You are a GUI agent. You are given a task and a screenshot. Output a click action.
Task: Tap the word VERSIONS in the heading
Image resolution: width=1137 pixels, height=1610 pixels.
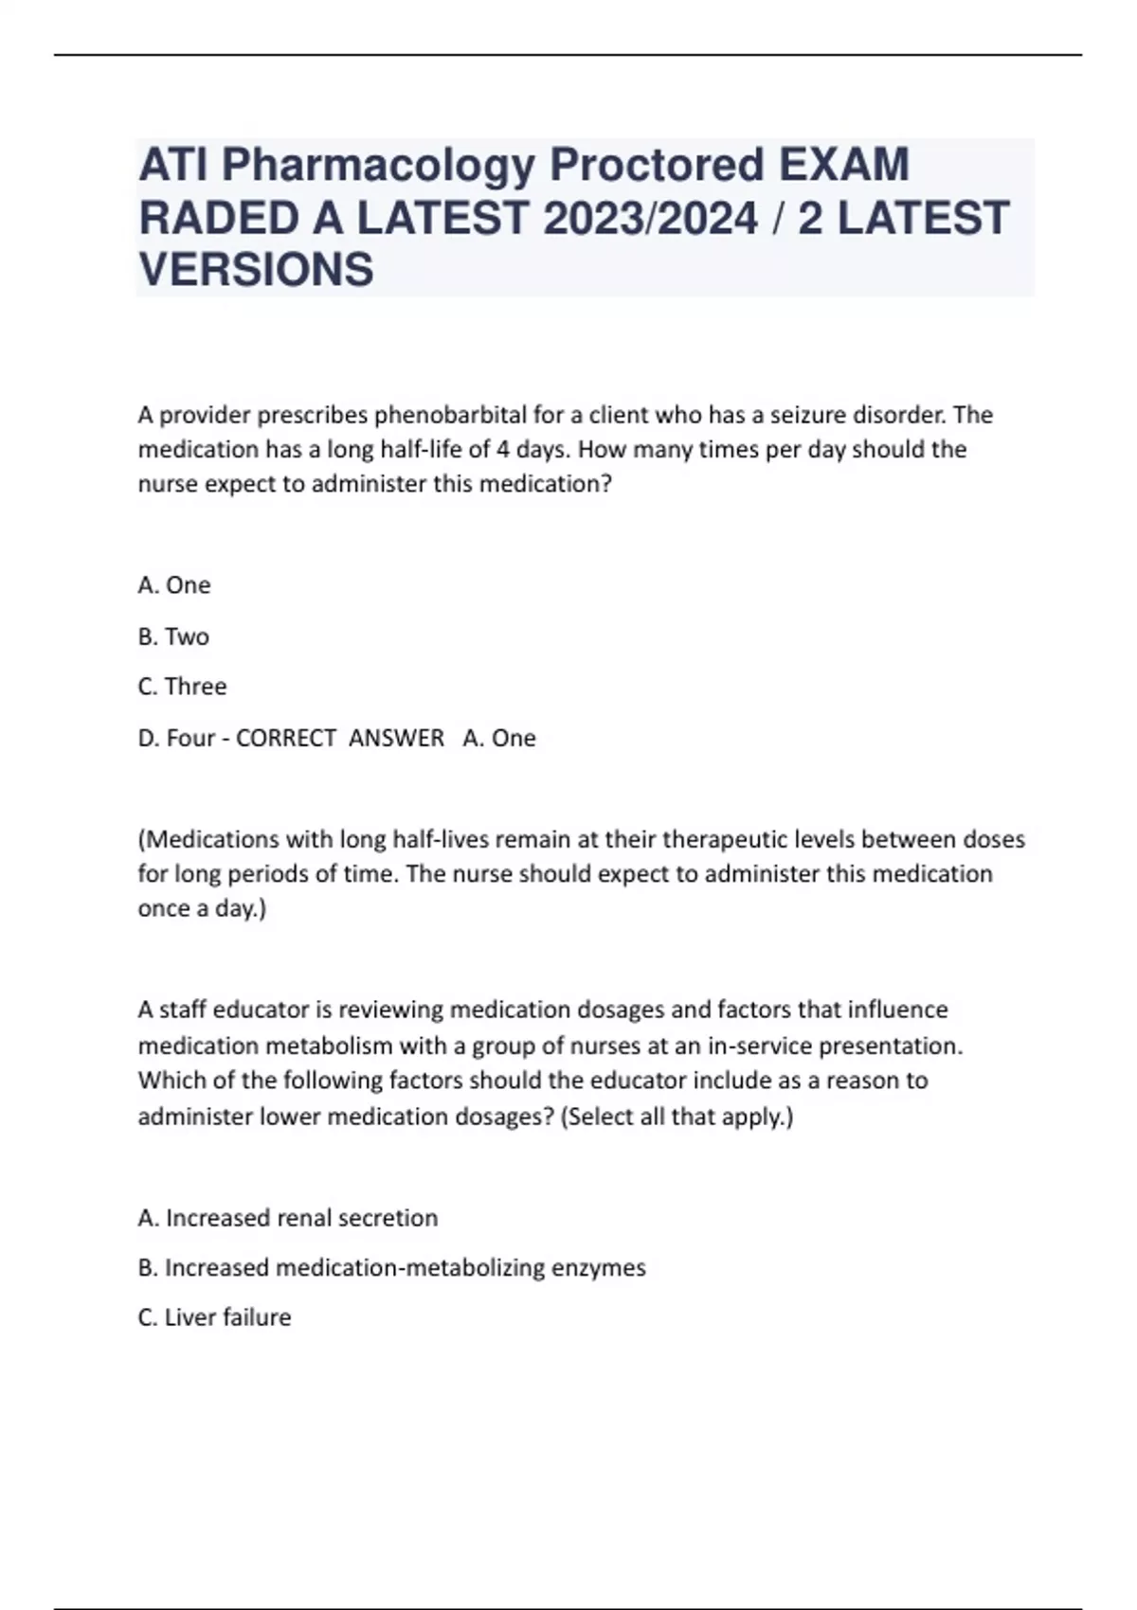click(256, 270)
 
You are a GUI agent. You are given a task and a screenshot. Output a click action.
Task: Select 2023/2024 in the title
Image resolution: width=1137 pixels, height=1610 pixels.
click(650, 218)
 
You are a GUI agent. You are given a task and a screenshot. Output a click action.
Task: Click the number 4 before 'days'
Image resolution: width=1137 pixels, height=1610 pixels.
click(503, 449)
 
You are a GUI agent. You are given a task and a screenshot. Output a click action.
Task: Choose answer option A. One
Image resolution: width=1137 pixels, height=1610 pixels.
click(174, 585)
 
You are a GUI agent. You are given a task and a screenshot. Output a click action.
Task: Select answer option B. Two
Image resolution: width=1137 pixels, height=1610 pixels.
click(173, 636)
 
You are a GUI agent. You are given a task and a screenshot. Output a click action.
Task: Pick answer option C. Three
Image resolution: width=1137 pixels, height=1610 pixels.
click(182, 687)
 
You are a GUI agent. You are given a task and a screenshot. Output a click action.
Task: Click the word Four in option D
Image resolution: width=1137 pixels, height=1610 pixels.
click(190, 738)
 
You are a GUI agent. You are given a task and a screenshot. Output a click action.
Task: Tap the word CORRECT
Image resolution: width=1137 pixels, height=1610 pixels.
click(286, 738)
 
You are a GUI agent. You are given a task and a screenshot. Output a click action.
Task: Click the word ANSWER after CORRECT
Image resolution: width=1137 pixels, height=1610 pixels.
click(396, 738)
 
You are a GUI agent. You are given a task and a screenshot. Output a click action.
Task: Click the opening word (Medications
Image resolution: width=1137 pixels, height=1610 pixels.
click(209, 839)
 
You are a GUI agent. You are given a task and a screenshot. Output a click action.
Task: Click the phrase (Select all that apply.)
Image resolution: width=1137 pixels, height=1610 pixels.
click(677, 1117)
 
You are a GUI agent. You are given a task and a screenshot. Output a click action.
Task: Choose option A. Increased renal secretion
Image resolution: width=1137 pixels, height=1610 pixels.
click(288, 1218)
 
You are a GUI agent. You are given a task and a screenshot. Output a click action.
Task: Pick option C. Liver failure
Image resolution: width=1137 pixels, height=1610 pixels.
click(214, 1317)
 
